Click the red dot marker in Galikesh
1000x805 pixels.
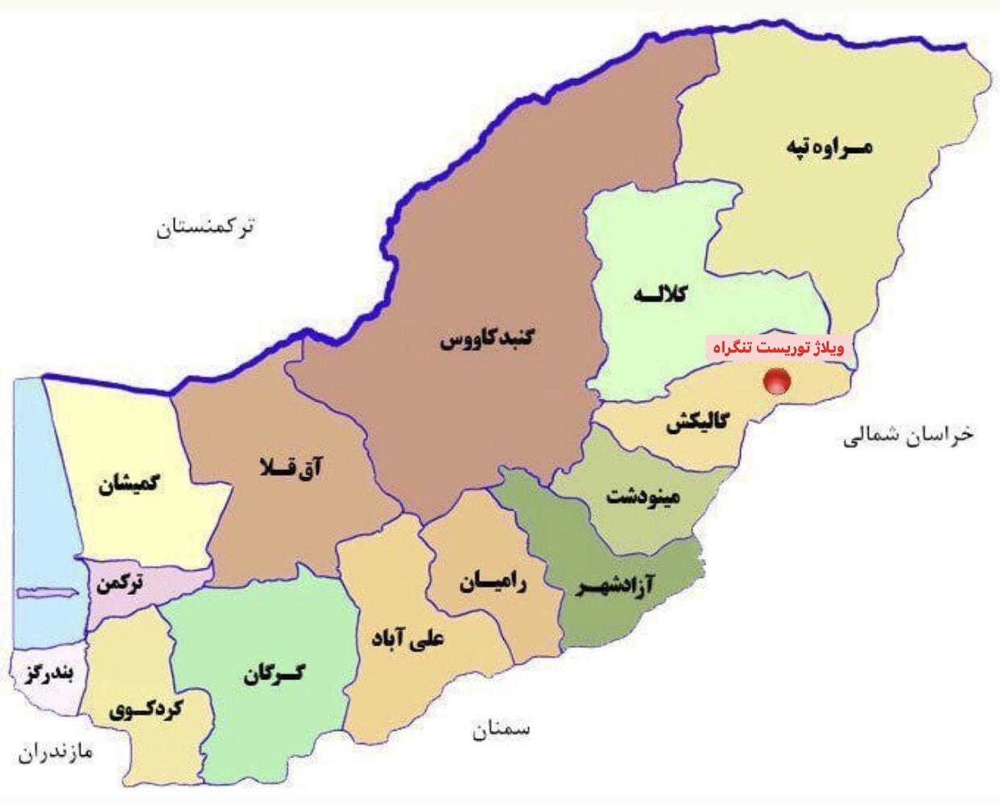pyautogui.click(x=777, y=381)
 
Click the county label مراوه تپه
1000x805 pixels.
pyautogui.click(x=829, y=148)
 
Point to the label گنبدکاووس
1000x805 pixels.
pyautogui.click(x=486, y=339)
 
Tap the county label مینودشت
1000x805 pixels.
pyautogui.click(x=643, y=495)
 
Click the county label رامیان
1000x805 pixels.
pyautogui.click(x=493, y=582)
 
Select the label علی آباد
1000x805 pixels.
pyautogui.click(x=407, y=640)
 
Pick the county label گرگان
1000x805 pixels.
pyautogui.click(x=275, y=674)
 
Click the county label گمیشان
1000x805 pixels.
pyautogui.click(x=129, y=485)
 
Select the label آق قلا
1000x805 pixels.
pyautogui.click(x=291, y=467)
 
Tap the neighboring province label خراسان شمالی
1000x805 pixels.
pyautogui.click(x=908, y=436)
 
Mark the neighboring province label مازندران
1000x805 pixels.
pyautogui.click(x=56, y=753)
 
